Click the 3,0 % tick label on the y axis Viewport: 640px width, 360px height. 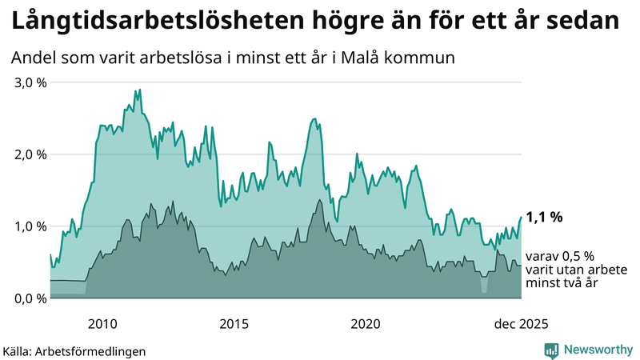29,83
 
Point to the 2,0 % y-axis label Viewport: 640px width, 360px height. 29,154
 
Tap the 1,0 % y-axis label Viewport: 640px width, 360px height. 29,226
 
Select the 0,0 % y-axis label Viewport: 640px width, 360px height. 29,298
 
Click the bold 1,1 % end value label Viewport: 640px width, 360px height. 545,217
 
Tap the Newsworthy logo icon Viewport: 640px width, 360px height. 552,350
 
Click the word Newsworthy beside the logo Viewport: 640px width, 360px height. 598,350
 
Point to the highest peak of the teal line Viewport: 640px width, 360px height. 139,90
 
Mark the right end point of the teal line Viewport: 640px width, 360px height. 521,218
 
